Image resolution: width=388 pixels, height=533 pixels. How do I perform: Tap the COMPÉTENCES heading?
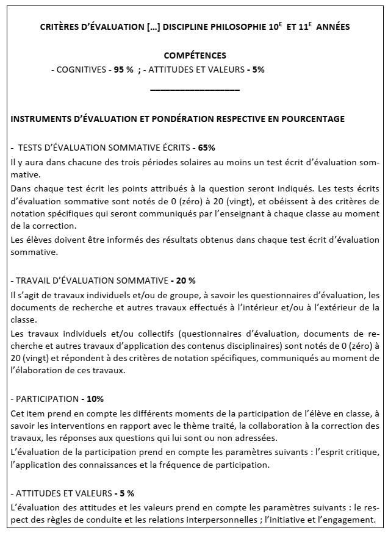point(195,55)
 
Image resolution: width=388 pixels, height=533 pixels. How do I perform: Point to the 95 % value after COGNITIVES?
point(123,70)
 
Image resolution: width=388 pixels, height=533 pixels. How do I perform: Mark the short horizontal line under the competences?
point(195,90)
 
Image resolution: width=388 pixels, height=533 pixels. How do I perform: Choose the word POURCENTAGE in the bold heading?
point(312,119)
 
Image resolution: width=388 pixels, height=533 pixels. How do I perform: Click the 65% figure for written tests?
point(206,148)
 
